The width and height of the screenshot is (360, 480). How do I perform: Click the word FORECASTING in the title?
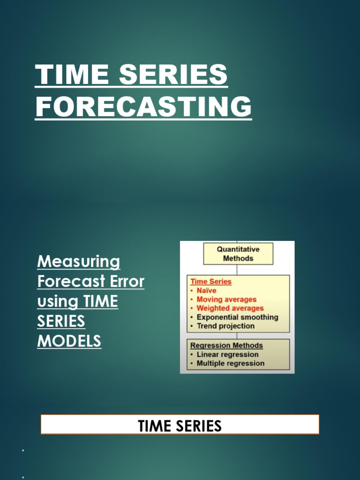click(x=143, y=107)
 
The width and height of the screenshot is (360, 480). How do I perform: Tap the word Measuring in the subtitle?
click(x=79, y=262)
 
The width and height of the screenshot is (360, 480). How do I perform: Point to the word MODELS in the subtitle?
click(x=69, y=341)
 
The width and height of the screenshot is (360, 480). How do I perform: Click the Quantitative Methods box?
click(x=238, y=254)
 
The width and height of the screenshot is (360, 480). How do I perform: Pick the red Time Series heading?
click(x=211, y=282)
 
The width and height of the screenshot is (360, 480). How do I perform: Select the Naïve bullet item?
click(x=206, y=291)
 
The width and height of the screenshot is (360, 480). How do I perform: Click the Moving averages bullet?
click(x=226, y=300)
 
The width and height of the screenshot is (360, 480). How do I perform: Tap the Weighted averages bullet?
click(x=230, y=308)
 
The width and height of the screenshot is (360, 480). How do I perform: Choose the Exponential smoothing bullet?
click(x=237, y=317)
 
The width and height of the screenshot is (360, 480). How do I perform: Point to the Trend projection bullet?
click(x=225, y=326)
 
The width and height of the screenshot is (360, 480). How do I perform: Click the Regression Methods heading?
click(x=226, y=346)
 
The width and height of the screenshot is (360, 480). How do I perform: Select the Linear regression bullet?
click(x=227, y=355)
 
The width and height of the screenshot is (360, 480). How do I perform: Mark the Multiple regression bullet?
click(x=230, y=364)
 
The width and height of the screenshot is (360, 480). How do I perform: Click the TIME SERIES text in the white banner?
click(x=180, y=426)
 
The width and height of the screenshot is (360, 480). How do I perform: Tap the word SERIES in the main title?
click(x=173, y=75)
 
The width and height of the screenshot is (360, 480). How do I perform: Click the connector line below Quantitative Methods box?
click(x=238, y=270)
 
